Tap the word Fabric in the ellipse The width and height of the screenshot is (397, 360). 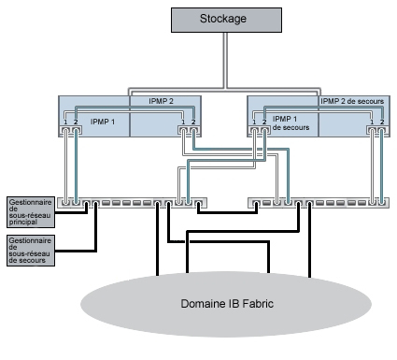252,304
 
